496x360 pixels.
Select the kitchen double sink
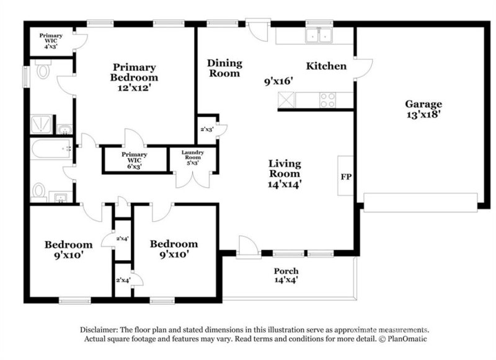(320, 36)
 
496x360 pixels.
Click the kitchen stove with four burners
(327, 99)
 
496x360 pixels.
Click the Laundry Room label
(193, 155)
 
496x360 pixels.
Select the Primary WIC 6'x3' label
(135, 157)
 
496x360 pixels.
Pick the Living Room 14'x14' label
(285, 173)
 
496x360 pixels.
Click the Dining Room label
(224, 68)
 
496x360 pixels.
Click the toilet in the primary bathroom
(43, 72)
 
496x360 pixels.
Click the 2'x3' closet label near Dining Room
(206, 130)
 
